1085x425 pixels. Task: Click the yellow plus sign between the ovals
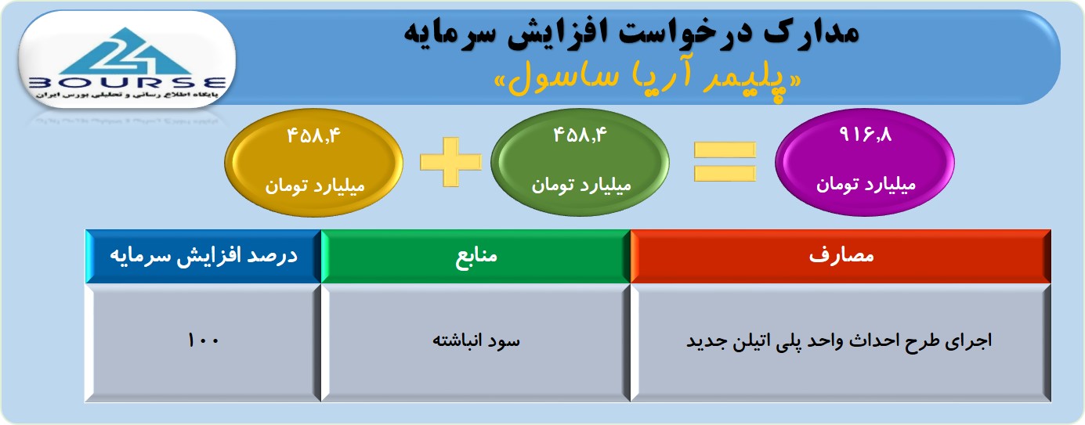[x=451, y=162]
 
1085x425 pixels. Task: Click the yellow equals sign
[x=725, y=162]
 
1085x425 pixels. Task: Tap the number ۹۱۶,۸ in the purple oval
[x=865, y=135]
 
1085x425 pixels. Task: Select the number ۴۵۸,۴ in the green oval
[x=580, y=135]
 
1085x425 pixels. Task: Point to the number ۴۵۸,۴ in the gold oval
[x=314, y=135]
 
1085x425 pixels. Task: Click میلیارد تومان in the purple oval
[x=866, y=185]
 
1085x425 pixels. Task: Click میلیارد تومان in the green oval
[x=581, y=185]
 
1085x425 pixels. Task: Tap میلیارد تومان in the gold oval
[x=315, y=185]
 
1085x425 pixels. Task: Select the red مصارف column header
[x=841, y=256]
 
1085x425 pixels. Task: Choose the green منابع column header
[x=476, y=256]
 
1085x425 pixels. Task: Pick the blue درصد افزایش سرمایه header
[x=203, y=256]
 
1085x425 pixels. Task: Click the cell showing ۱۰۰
[x=203, y=342]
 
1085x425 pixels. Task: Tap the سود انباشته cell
[x=476, y=342]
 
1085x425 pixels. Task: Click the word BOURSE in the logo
[x=127, y=83]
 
